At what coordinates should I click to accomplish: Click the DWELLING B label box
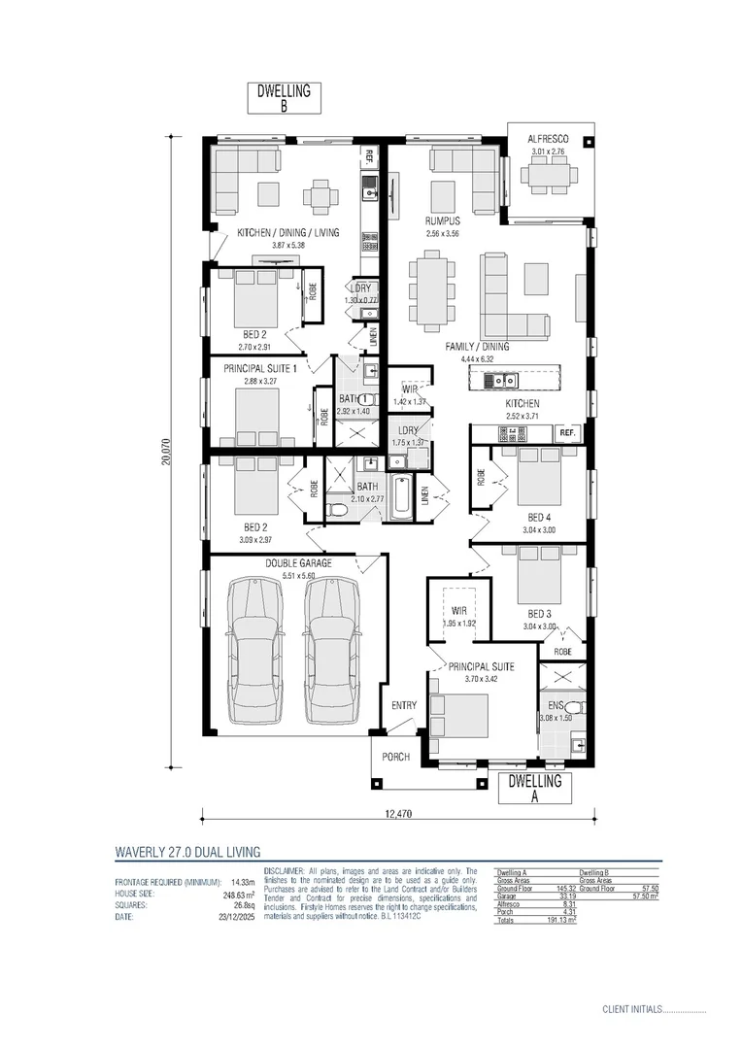coord(284,100)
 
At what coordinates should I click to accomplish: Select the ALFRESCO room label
coord(547,140)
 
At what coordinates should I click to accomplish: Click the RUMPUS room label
coord(442,222)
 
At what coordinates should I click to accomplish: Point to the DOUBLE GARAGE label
coord(298,563)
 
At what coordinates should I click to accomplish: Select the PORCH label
coord(395,757)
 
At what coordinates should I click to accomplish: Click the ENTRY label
coord(404,706)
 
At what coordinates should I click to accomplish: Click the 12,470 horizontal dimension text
coord(398,814)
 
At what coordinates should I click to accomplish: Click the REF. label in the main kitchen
coord(568,432)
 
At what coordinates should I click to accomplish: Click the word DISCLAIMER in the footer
coord(284,871)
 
